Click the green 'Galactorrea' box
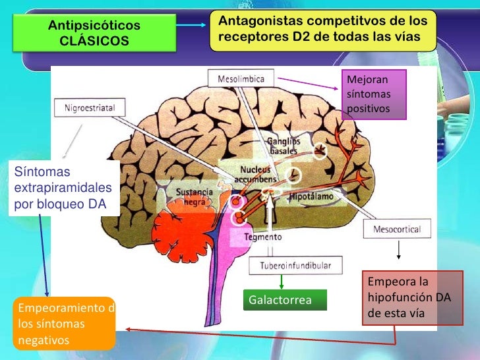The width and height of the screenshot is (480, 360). coord(285,301)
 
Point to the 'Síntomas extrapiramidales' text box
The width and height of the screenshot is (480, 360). coord(63,188)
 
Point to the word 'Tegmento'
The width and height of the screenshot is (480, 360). coord(263,237)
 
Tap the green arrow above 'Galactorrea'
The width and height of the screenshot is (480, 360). coord(282,282)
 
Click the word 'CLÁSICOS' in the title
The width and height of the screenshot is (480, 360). coord(94,41)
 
